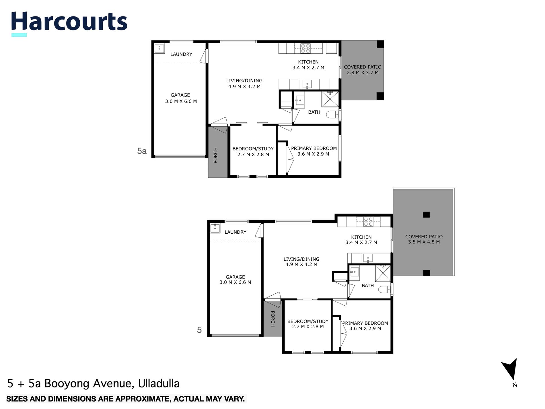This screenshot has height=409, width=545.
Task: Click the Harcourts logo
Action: click(69, 22)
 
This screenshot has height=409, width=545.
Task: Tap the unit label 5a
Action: click(142, 151)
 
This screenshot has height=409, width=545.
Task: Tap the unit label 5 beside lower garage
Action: click(199, 330)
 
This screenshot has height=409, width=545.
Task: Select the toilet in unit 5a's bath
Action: click(332, 115)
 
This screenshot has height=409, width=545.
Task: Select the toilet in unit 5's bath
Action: click(384, 290)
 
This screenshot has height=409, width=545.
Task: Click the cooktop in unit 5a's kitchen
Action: click(305, 48)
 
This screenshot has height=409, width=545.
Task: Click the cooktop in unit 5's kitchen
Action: click(368, 222)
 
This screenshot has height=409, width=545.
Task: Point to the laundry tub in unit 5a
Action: click(159, 48)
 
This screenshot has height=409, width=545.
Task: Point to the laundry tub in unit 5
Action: click(215, 228)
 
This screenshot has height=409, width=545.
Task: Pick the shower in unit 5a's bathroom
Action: click(330, 99)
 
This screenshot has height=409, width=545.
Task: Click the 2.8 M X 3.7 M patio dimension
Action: click(363, 73)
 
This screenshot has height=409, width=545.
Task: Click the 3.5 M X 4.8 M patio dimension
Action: click(424, 242)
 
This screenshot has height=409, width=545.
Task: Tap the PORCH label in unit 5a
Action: click(216, 155)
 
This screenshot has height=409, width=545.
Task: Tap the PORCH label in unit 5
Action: click(273, 319)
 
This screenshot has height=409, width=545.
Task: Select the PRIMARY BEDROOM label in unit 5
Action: click(365, 323)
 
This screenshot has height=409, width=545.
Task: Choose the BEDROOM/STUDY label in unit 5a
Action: click(253, 149)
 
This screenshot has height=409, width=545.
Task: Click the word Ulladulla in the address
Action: click(159, 383)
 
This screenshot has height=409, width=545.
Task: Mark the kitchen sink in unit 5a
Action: click(307, 84)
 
